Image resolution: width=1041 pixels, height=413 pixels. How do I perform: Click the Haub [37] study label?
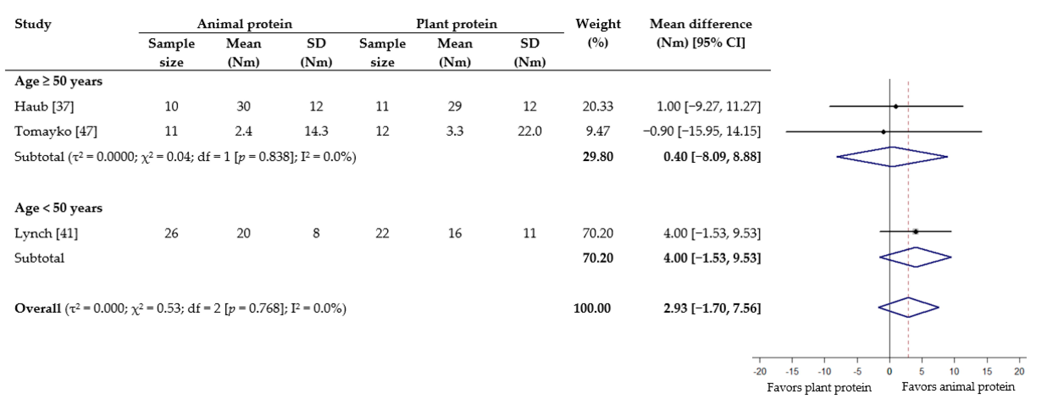tap(44, 106)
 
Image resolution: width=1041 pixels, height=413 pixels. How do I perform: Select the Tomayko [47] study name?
tap(56, 131)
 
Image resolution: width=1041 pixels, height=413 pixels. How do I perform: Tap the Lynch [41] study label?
tap(46, 233)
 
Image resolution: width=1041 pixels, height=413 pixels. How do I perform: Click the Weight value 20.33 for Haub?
tap(597, 106)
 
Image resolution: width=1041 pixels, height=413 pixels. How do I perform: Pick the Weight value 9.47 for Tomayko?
tap(597, 131)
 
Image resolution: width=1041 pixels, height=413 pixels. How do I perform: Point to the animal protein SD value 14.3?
tap(316, 131)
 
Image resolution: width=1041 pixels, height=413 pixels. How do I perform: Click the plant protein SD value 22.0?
tap(529, 131)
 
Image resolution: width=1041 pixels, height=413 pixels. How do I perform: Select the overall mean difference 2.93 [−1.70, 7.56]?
tap(712, 308)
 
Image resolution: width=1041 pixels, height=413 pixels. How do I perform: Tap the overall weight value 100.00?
tap(592, 308)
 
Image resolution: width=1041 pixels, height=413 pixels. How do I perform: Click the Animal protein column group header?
tap(244, 24)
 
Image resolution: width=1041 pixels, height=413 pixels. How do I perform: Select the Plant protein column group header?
tap(457, 24)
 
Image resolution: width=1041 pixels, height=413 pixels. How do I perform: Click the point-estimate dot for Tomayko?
tap(883, 132)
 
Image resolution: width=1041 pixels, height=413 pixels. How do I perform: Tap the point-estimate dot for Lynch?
tap(916, 232)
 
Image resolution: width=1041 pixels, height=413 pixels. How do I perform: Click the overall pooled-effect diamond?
tap(908, 308)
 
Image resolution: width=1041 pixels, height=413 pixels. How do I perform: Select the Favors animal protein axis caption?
tap(958, 387)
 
